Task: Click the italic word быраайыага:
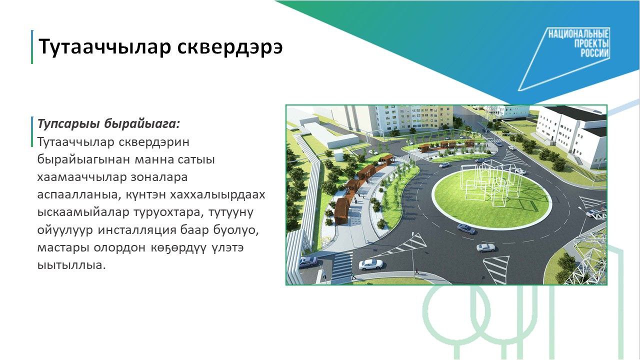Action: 142,124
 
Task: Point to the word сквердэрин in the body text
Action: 154,142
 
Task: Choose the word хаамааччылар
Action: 81,177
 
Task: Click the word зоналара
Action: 159,177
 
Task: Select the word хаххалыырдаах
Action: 217,195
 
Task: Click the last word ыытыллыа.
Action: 71,265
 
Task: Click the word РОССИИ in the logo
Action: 594,53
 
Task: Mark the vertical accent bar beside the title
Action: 32,47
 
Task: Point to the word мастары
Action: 63,248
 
